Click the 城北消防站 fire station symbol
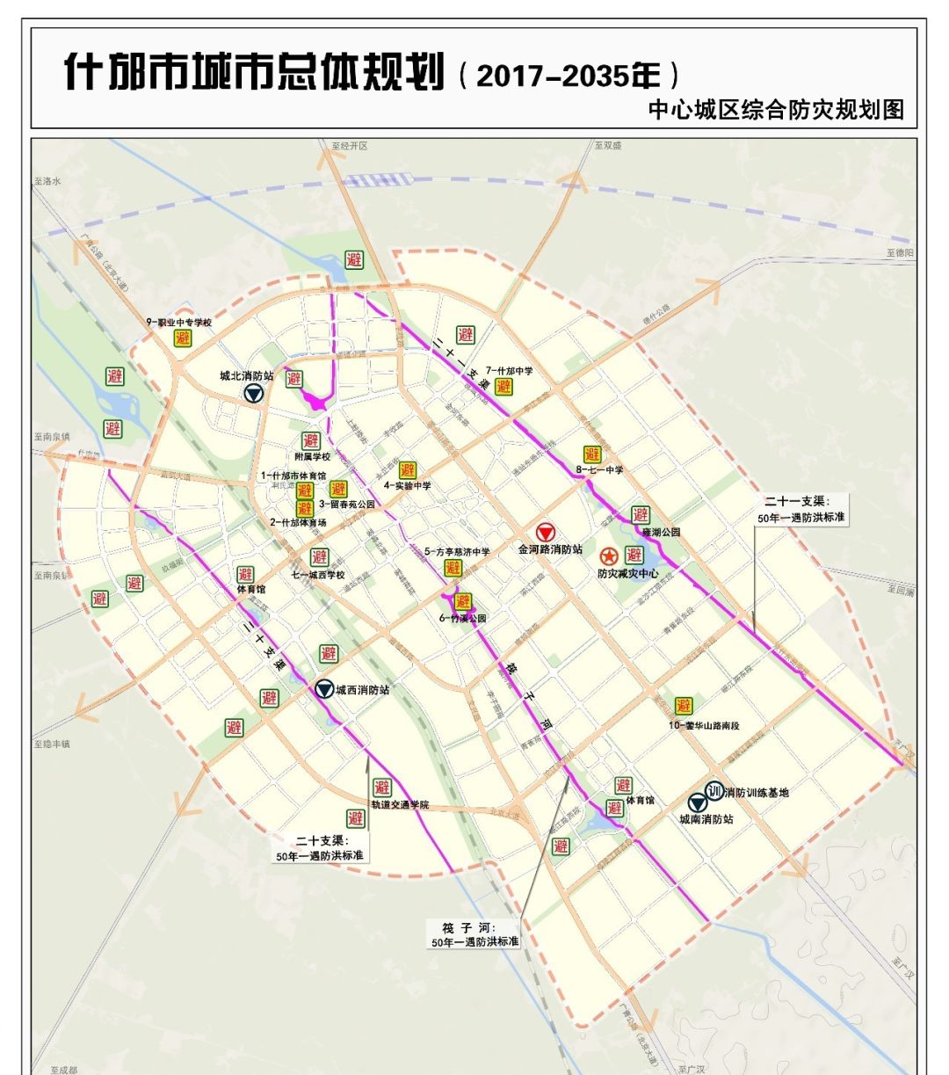(254, 394)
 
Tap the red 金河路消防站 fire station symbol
(545, 533)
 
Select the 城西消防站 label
(362, 690)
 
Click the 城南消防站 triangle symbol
(699, 803)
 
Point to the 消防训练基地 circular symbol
(714, 790)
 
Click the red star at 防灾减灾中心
(608, 556)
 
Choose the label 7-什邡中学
(509, 371)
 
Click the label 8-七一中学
(599, 470)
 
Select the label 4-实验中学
(407, 485)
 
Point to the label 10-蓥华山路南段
(704, 725)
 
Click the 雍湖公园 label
(661, 532)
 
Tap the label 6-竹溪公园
(462, 618)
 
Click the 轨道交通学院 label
(400, 804)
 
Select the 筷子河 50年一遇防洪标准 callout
(474, 934)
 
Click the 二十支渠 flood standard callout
(320, 848)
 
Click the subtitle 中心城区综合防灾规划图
(775, 110)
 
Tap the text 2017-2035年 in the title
(568, 76)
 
